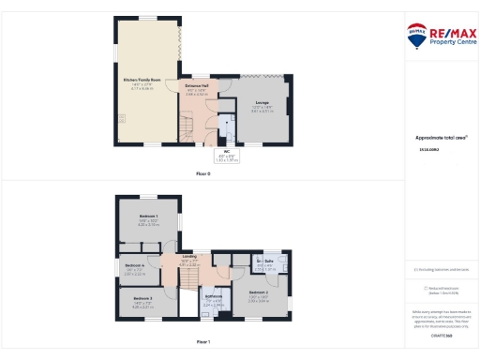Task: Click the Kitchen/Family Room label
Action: (x=138, y=81)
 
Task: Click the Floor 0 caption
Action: (x=202, y=173)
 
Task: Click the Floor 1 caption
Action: (x=203, y=342)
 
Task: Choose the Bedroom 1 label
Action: (x=148, y=216)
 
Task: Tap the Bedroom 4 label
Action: (x=134, y=265)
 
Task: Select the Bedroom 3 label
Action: (x=142, y=298)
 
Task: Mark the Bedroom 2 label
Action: (x=259, y=293)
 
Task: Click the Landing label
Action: (x=187, y=256)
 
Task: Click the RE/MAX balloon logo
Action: (x=416, y=36)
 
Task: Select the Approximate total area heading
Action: (x=441, y=137)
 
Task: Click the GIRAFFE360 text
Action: (x=441, y=334)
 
